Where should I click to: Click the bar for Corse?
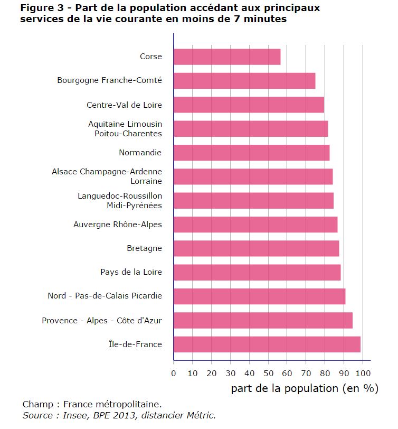coord(227,57)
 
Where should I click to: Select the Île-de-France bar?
coord(267,344)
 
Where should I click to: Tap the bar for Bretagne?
coord(256,248)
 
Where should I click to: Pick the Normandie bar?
coord(251,153)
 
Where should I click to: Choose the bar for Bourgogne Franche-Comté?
coord(244,81)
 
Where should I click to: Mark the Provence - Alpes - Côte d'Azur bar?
coord(263,321)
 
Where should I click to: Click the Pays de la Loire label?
coord(131,272)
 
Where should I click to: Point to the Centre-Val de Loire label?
coord(124,105)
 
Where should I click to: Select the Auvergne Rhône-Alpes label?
coord(118,225)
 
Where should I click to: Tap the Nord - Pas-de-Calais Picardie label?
coord(105,296)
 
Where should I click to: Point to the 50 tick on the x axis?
coord(268,373)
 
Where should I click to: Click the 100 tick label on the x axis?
coord(363,373)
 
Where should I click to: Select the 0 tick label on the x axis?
coord(174,373)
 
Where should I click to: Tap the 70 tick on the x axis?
coord(306,373)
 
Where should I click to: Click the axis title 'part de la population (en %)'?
coord(305,388)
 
